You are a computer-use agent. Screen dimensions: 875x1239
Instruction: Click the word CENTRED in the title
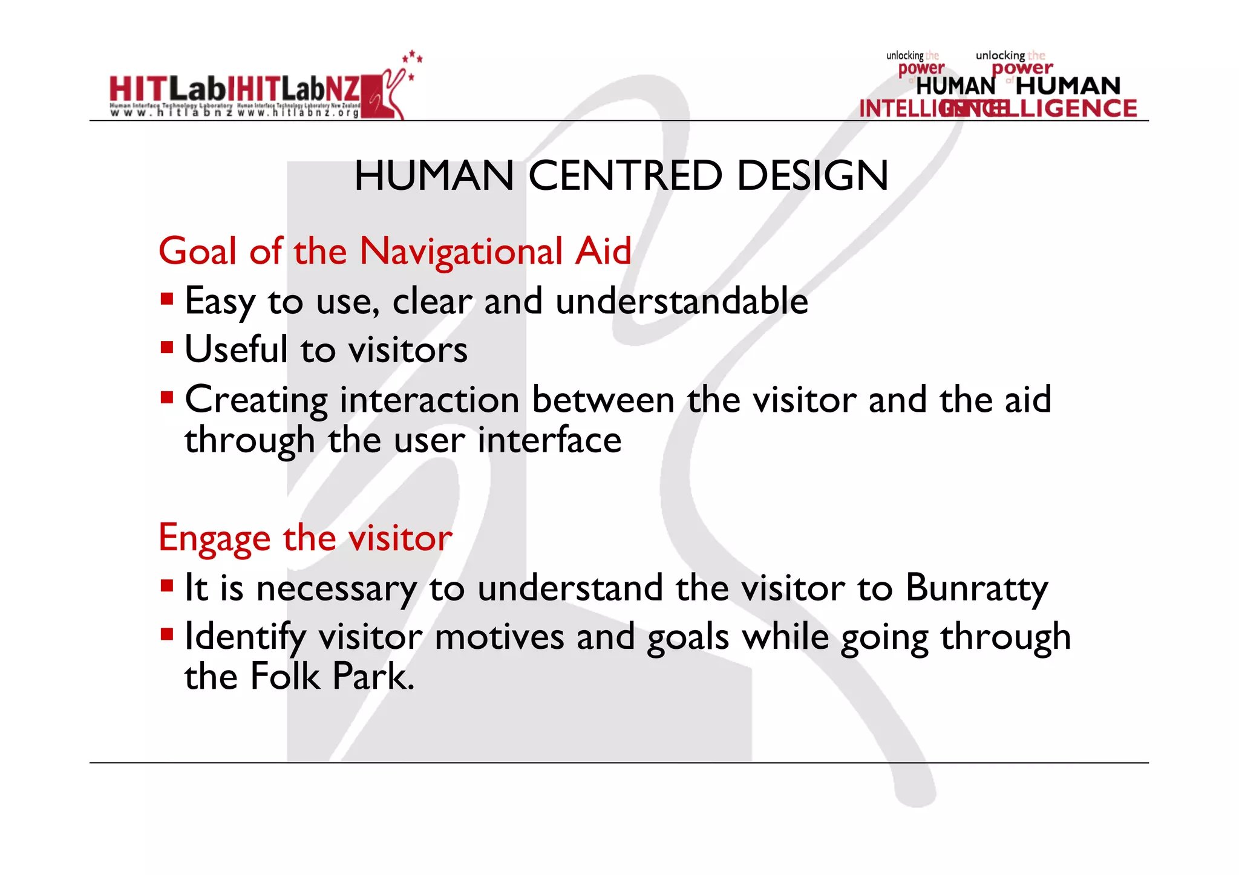[x=625, y=176]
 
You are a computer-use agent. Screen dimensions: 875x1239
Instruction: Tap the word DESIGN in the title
[x=812, y=176]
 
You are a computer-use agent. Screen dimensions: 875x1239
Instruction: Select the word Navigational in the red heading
[x=461, y=252]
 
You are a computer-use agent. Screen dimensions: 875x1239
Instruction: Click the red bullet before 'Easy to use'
[x=167, y=299]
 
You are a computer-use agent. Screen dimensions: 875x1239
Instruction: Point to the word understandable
[x=681, y=301]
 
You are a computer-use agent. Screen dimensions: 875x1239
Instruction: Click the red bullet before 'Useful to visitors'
[x=167, y=348]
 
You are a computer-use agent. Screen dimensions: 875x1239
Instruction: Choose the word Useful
[x=236, y=350]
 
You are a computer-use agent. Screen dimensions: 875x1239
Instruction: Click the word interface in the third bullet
[x=549, y=440]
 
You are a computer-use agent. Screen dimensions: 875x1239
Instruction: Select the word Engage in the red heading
[x=214, y=538]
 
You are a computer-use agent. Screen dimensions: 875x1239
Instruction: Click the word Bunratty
[x=976, y=588]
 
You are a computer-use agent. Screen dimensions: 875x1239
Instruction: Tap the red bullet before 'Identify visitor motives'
[x=167, y=634]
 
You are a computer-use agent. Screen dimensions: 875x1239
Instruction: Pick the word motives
[x=499, y=637]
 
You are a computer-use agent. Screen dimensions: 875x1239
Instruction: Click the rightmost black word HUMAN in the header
[x=1068, y=86]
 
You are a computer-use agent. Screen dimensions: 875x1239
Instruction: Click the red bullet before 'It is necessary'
[x=167, y=585]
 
